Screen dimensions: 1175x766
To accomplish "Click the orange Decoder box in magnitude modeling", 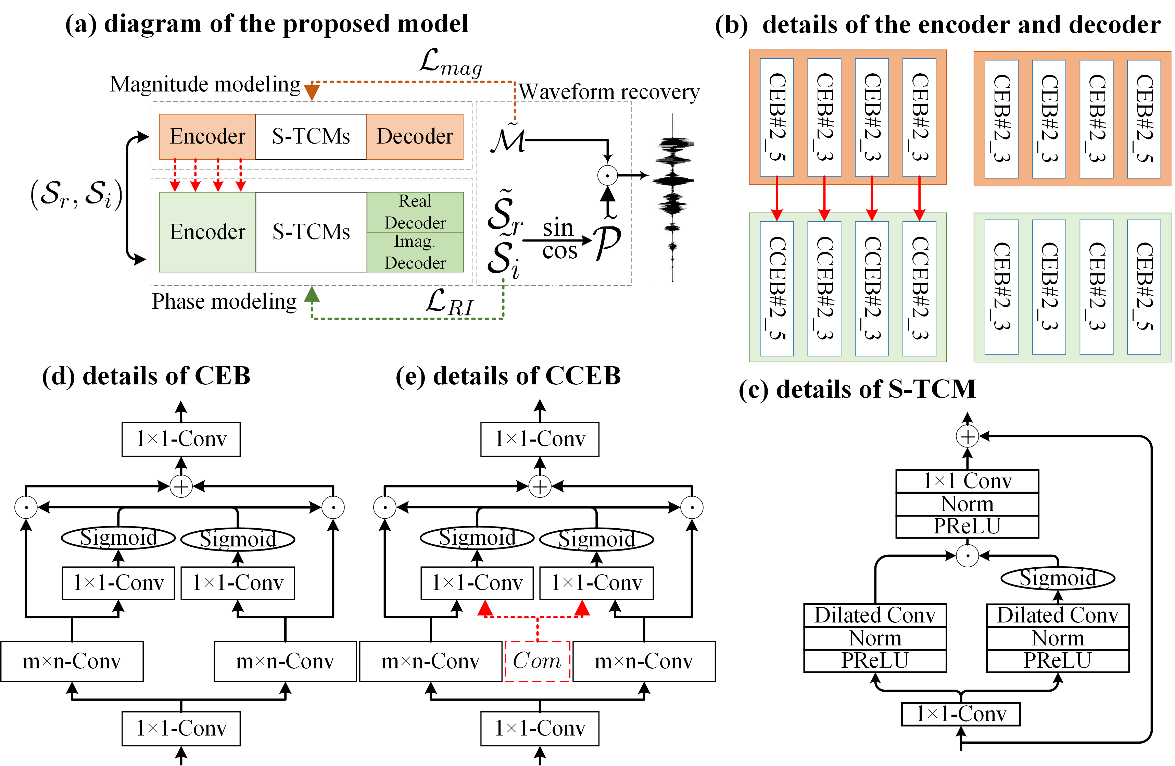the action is [415, 137].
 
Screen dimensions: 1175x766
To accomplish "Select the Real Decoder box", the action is [415, 212].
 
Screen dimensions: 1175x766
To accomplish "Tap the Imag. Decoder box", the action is [415, 252].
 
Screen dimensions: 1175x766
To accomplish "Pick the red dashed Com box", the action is [537, 661].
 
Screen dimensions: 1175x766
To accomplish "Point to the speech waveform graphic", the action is [672, 198].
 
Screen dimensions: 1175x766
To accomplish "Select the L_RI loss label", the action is [449, 302].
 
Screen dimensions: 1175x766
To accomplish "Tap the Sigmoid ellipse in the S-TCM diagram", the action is [1058, 578].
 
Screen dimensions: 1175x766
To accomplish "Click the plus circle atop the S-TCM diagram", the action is [967, 436].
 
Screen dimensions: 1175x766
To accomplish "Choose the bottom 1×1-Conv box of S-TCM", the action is [961, 714].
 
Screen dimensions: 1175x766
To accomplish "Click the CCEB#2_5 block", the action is [776, 288].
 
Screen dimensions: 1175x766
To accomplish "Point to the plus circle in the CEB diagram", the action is [181, 487].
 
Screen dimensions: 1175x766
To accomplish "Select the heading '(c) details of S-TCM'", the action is [857, 389].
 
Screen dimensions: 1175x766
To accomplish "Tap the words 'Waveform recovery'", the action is [609, 92].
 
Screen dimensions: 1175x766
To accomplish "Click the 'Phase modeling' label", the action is [224, 301].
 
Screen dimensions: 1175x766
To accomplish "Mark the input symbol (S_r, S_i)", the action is [76, 194].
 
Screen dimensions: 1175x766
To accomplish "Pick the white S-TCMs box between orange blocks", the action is [311, 137].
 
